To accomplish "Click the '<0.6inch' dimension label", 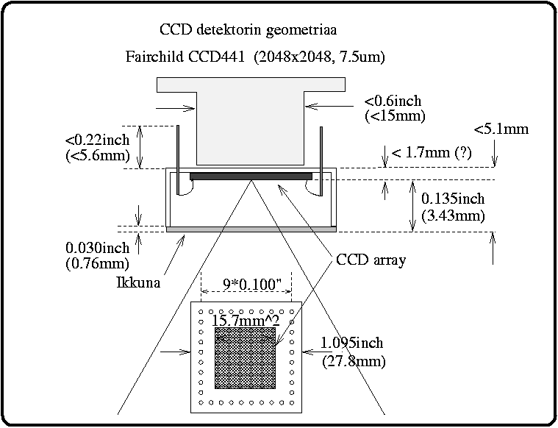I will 393,101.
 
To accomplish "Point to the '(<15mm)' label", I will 395,115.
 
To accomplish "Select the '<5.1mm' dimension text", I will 501,129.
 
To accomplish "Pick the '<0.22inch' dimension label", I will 97,139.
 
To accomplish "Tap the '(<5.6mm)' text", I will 97,154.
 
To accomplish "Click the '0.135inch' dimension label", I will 454,199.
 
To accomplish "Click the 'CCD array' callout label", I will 371,260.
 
